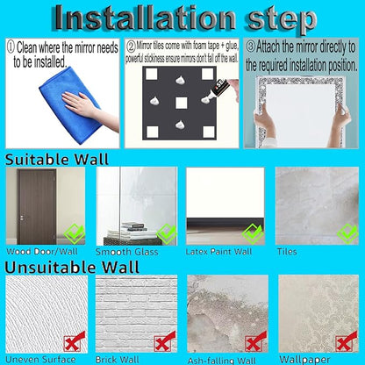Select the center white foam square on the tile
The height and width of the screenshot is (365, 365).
[x=181, y=103]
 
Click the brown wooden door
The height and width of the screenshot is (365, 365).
[x=37, y=207]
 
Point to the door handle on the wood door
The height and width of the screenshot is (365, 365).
[x=22, y=218]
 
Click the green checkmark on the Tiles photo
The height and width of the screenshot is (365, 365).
[x=347, y=233]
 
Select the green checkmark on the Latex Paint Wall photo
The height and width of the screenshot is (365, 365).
[x=254, y=233]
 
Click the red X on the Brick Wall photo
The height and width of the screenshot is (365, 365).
[x=165, y=341]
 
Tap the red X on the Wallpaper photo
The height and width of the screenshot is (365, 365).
[x=347, y=341]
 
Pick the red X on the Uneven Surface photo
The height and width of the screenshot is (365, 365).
[x=75, y=341]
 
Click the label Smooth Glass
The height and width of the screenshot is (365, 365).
[x=126, y=252]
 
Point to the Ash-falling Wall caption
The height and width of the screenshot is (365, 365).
[x=221, y=361]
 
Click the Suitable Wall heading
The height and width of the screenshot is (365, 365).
[x=57, y=160]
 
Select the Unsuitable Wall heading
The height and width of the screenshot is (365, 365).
[x=72, y=268]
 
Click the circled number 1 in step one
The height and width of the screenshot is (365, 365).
[x=11, y=47]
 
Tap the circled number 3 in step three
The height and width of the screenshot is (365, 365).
[x=250, y=47]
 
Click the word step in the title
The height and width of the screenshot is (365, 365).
[x=282, y=19]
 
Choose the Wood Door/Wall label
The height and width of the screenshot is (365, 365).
[x=42, y=252]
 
